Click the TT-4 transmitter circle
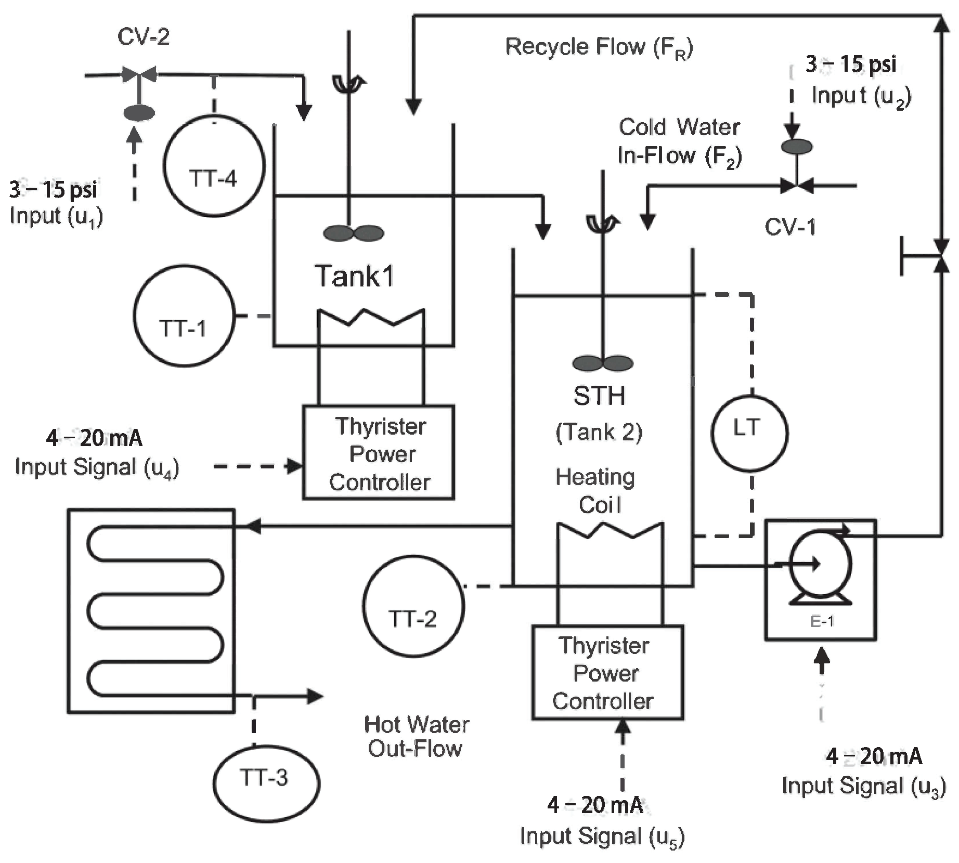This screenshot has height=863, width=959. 214,166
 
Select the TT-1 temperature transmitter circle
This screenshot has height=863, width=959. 184,316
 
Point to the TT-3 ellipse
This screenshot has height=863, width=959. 266,783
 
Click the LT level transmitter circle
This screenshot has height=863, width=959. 749,433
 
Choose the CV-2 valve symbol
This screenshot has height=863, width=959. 139,75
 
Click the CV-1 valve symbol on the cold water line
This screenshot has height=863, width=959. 797,185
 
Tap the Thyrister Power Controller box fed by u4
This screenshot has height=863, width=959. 379,452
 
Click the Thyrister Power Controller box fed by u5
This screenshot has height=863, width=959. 607,672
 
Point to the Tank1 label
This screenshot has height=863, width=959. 355,276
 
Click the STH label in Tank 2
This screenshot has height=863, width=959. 599,396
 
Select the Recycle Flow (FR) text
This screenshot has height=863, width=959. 599,47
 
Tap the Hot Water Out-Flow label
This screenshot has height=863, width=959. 416,736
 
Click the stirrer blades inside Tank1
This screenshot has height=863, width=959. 354,233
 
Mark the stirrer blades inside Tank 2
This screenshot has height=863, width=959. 603,363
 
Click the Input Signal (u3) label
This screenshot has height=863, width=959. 863,786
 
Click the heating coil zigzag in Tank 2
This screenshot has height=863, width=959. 610,531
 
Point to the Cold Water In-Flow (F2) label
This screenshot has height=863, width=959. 679,141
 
